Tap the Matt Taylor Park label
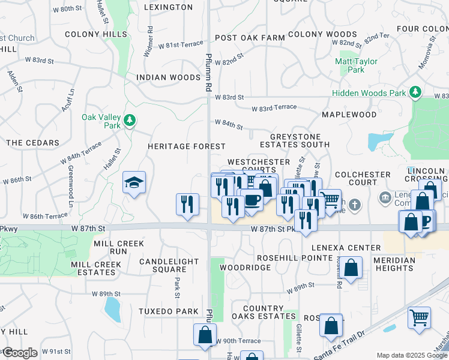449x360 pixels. point(356,65)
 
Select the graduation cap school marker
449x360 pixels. point(134,183)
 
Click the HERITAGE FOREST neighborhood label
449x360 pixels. point(187,146)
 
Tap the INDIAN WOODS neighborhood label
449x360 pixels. point(168,77)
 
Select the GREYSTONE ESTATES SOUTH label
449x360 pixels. point(295,140)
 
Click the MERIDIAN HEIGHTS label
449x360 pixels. point(394,264)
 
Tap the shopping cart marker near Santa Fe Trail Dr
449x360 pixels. point(419,318)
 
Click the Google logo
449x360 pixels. point(19,353)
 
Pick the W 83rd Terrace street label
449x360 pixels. point(274,107)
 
